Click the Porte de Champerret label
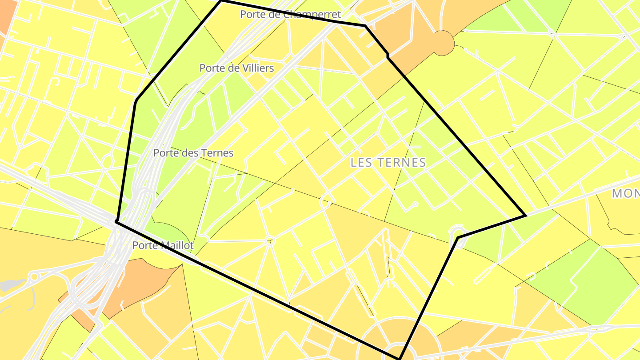click(x=290, y=14)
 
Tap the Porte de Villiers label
click(x=236, y=68)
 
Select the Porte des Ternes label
click(x=193, y=153)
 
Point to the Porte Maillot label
click(x=163, y=245)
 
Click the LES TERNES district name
click(x=388, y=163)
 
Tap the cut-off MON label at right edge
click(x=626, y=193)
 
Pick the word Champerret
click(x=312, y=14)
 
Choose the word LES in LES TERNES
click(x=360, y=163)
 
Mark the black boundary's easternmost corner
click(x=526, y=216)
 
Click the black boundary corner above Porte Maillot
click(x=116, y=221)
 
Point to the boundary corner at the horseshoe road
click(x=458, y=237)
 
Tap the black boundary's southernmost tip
click(x=399, y=358)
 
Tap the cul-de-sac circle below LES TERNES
click(x=415, y=204)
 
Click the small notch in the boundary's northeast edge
click(x=388, y=56)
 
